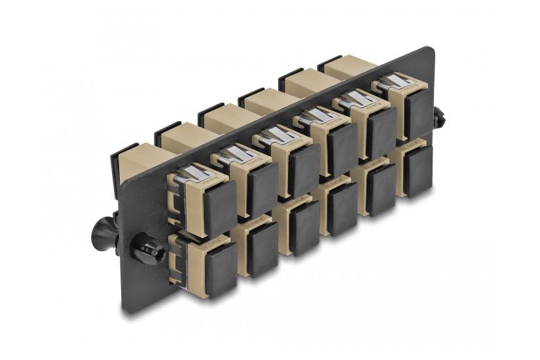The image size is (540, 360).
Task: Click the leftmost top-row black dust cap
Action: coord(218,207)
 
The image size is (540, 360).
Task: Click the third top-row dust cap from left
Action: coord(304,169)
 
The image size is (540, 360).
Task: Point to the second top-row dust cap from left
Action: coord(262,189)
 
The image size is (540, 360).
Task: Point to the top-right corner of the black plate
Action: coord(429,50)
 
